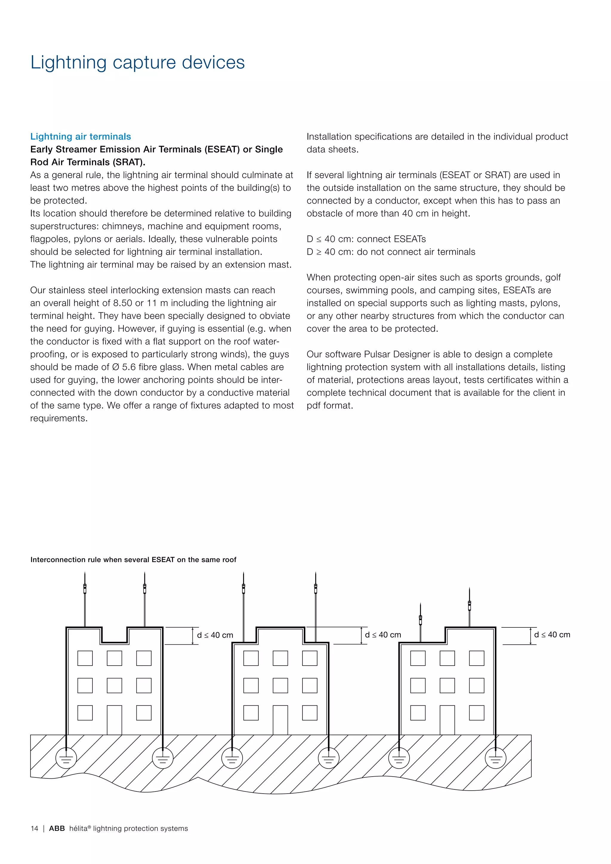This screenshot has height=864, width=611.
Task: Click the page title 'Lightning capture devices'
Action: point(137,62)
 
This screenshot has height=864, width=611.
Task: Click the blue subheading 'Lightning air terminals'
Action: point(81,137)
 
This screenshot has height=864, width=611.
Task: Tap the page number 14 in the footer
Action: point(34,828)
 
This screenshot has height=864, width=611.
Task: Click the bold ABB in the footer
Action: point(57,828)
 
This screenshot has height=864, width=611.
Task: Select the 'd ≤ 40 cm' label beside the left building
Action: point(215,635)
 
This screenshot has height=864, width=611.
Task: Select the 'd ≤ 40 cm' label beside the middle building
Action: point(383,635)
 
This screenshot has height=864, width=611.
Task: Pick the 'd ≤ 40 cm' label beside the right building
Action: point(552,635)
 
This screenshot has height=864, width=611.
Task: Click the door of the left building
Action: point(114,720)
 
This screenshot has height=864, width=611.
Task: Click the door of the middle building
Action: point(280,720)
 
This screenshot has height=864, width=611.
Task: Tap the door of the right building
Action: point(447,720)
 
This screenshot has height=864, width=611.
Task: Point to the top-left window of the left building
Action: point(85,658)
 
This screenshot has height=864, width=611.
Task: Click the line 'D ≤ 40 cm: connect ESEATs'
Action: point(366,239)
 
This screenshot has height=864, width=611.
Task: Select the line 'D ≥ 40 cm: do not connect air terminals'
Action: point(391,252)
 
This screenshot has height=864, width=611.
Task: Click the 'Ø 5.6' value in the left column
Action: point(124,367)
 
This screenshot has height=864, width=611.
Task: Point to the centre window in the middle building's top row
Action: point(280,658)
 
